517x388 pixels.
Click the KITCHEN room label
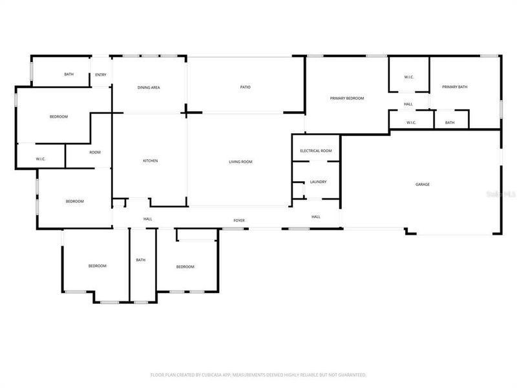pyautogui.click(x=150, y=161)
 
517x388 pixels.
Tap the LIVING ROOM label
pyautogui.click(x=240, y=162)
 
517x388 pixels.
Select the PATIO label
pyautogui.click(x=245, y=87)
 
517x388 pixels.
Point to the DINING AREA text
pyautogui.click(x=149, y=87)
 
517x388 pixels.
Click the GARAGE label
pyautogui.click(x=422, y=184)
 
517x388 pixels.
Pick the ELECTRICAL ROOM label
pyautogui.click(x=316, y=151)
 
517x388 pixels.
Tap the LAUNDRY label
pyautogui.click(x=318, y=182)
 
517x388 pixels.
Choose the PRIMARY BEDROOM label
pyautogui.click(x=347, y=98)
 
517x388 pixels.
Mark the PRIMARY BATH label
pyautogui.click(x=454, y=87)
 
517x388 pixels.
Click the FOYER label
pyautogui.click(x=239, y=221)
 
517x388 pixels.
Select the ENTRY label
pyautogui.click(x=101, y=74)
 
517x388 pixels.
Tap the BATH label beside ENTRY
pyautogui.click(x=69, y=74)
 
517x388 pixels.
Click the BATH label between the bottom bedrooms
pyautogui.click(x=140, y=260)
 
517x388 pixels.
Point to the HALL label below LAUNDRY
pyautogui.click(x=316, y=217)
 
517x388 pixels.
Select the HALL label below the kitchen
pyautogui.click(x=148, y=219)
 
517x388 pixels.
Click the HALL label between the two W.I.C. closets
pyautogui.click(x=408, y=104)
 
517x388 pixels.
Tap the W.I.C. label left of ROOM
pyautogui.click(x=40, y=158)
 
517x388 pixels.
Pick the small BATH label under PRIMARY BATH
pyautogui.click(x=449, y=122)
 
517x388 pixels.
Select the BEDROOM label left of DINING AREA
pyautogui.click(x=59, y=116)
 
